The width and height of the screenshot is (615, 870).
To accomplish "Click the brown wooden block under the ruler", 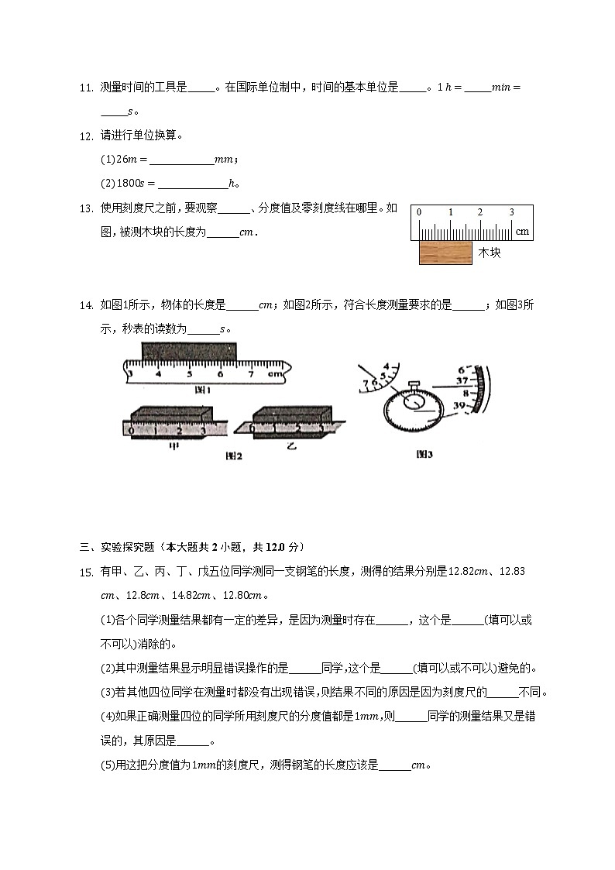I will click(x=445, y=253).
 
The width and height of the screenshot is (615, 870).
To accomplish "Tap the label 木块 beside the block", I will click(x=490, y=253).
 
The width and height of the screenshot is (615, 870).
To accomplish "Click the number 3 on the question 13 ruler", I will click(x=511, y=212).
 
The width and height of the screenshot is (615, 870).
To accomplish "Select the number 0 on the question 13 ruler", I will click(x=419, y=212).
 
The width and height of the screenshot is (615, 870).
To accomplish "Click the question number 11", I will click(x=87, y=88).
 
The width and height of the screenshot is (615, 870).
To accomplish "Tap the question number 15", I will click(x=87, y=573).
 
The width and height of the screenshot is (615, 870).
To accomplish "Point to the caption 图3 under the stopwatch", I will click(x=424, y=455).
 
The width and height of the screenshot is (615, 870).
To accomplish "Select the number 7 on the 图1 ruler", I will click(x=250, y=373).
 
